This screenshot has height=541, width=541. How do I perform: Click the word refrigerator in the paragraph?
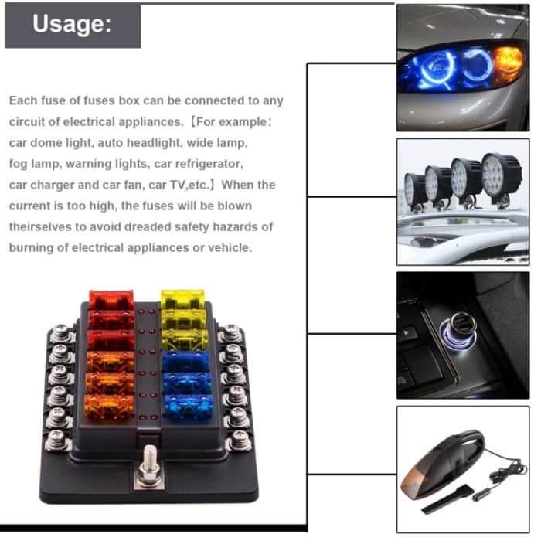click(x=208, y=164)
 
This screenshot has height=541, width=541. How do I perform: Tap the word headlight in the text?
click(x=159, y=143)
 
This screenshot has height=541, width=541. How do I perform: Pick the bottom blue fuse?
click(x=189, y=403)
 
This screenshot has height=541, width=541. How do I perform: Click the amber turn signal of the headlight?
click(x=508, y=60)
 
